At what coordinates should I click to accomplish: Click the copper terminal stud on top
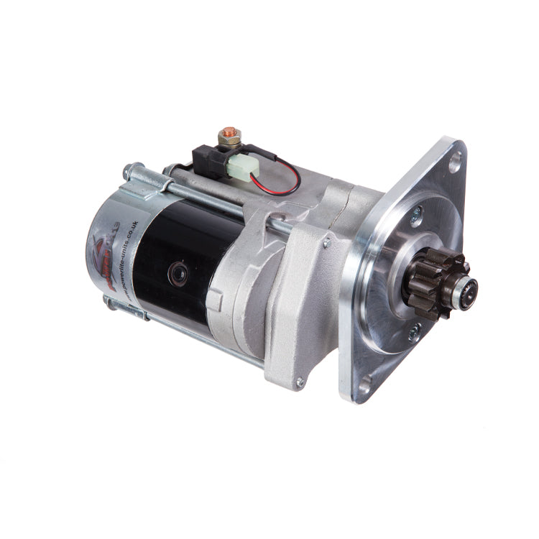[228, 132]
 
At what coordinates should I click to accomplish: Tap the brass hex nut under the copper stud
[228, 140]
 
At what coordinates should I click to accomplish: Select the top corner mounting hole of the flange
[455, 164]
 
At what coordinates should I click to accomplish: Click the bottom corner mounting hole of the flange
[364, 387]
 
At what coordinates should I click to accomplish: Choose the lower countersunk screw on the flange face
[414, 332]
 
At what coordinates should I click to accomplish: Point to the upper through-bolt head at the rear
[129, 172]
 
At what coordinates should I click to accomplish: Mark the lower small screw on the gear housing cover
[300, 382]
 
